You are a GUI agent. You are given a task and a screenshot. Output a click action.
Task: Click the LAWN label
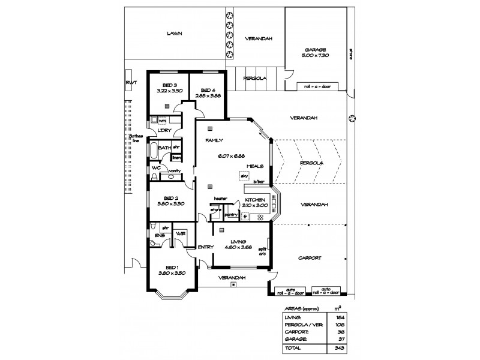(175, 34)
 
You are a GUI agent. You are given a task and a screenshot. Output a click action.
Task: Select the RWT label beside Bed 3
(129, 82)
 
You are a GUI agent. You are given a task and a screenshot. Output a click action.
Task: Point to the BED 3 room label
(169, 85)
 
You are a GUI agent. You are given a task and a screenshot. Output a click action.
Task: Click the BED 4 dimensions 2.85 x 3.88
(208, 95)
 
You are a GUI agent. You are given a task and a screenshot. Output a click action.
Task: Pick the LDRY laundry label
(165, 131)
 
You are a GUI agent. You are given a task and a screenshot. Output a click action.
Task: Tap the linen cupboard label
(177, 158)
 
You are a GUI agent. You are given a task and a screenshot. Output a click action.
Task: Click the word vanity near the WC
(175, 171)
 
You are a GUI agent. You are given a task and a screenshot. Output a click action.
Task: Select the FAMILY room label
(214, 140)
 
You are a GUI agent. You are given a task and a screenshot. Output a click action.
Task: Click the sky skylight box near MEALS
(244, 175)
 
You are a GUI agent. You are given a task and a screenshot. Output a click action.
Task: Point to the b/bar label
(259, 181)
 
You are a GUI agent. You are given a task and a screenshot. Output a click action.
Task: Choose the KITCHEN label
(254, 199)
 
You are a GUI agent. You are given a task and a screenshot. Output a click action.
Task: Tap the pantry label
(232, 214)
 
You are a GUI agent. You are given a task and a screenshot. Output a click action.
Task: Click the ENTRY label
(205, 247)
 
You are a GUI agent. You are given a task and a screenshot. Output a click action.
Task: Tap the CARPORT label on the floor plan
(309, 258)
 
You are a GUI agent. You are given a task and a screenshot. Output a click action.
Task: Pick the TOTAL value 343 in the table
(340, 347)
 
